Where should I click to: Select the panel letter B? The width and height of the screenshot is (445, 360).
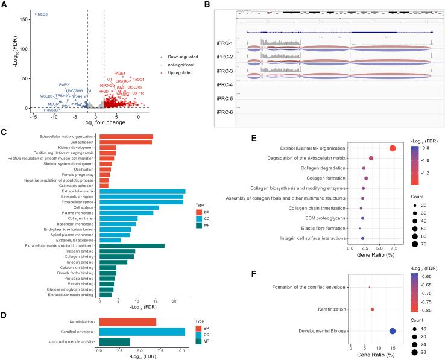(x=224, y=5)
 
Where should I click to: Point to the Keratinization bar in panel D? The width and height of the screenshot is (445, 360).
(x=127, y=321)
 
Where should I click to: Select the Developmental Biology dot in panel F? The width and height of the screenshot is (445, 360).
(x=393, y=330)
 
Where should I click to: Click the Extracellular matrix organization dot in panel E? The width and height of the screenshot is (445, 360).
(x=393, y=148)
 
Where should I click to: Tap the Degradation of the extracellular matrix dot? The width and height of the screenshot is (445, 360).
(x=371, y=159)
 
